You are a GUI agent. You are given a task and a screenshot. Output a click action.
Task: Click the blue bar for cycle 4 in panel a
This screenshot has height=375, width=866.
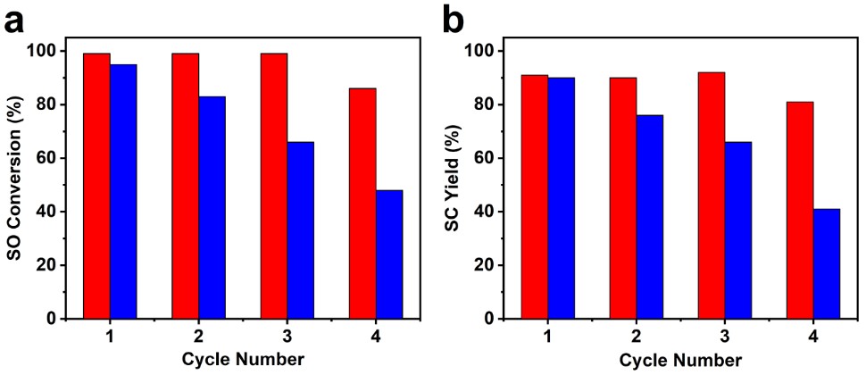coord(389,254)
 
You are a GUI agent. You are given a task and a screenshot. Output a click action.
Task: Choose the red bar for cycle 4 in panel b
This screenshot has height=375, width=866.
coord(800,210)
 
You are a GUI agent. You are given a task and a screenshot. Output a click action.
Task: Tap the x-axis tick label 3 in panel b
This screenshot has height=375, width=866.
coord(725,338)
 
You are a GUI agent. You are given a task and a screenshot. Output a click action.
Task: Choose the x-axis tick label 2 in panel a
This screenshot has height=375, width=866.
coord(198,338)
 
